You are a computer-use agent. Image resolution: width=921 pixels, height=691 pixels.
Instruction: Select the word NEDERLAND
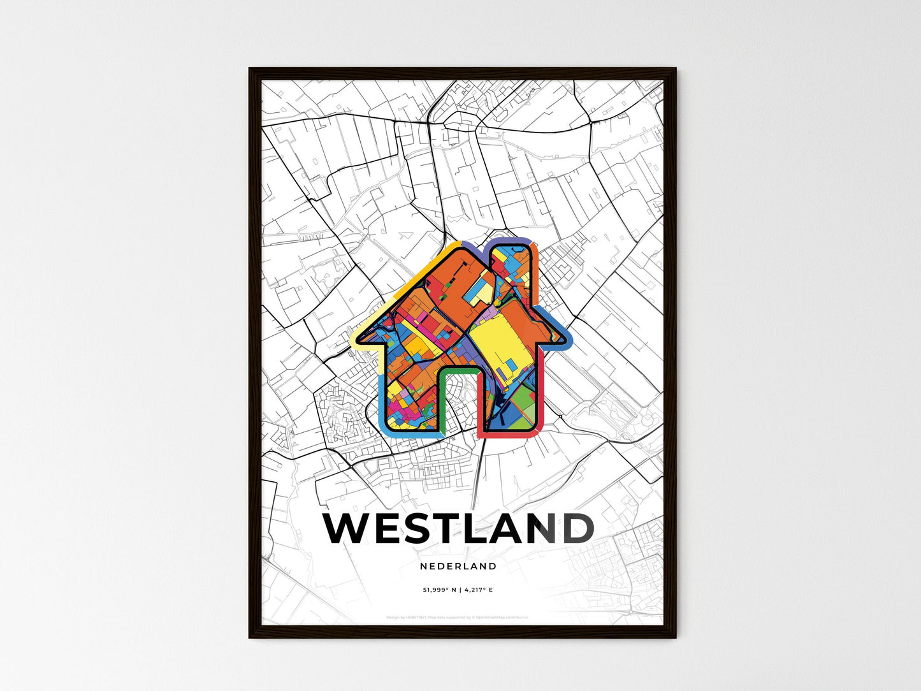458,566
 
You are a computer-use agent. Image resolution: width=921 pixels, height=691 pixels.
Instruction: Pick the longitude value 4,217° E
477,590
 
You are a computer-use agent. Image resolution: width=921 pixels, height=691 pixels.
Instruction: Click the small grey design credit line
458,617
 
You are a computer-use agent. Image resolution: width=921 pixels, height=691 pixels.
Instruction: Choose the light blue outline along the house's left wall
381,402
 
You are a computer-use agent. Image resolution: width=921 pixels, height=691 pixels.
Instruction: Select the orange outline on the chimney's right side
535,268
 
